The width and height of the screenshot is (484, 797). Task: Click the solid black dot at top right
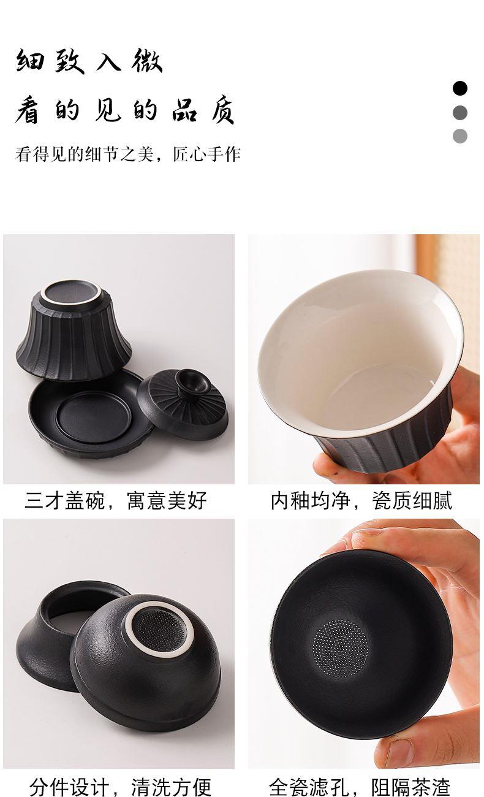click(x=460, y=88)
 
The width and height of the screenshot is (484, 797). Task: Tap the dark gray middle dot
click(x=460, y=112)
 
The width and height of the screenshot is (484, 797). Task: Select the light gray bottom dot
click(x=460, y=136)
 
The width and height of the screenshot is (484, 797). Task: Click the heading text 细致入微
click(x=89, y=61)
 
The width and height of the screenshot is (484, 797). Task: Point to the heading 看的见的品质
click(x=124, y=110)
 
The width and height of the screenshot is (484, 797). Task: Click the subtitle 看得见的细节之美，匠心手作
click(x=128, y=154)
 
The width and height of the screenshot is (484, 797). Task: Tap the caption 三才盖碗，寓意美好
click(x=116, y=501)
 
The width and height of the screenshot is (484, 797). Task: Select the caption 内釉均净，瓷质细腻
click(x=361, y=501)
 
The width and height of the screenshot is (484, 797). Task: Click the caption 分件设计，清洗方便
click(x=120, y=787)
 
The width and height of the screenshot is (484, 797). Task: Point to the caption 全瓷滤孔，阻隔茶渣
click(x=360, y=787)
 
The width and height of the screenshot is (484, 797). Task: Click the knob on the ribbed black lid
click(x=188, y=382)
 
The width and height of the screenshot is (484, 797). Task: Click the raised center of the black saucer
click(x=94, y=417)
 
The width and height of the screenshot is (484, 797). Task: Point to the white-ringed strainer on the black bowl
click(x=159, y=629)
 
